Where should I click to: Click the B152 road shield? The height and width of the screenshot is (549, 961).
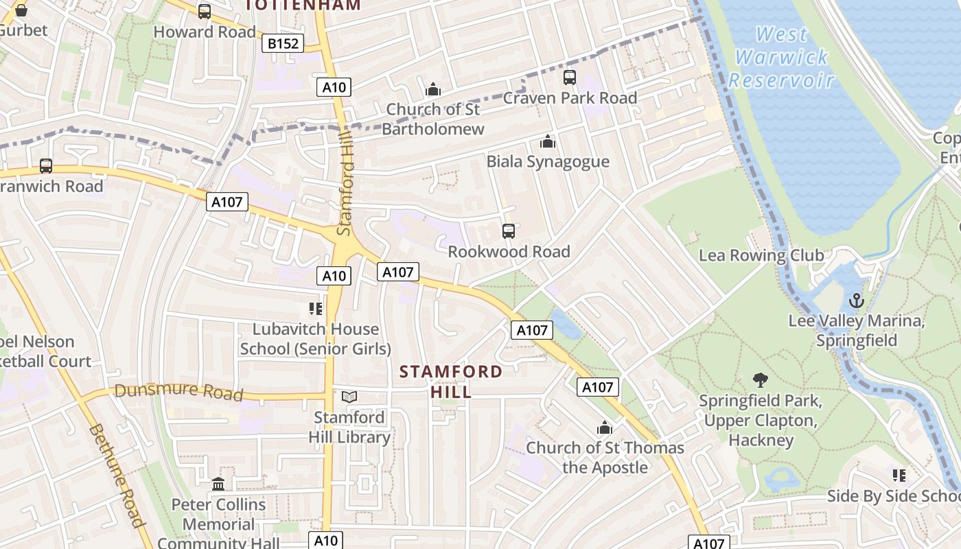click(283, 44)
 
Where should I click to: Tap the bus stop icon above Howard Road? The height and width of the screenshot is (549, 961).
click(205, 12)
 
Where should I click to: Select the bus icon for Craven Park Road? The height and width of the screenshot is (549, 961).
click(570, 78)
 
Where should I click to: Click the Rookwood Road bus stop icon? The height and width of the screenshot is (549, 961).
click(509, 231)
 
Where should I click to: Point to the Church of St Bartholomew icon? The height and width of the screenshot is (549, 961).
click(433, 89)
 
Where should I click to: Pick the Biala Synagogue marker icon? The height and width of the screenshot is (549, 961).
click(548, 141)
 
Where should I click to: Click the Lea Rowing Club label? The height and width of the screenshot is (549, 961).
click(761, 255)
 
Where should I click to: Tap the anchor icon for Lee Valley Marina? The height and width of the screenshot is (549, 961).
click(856, 301)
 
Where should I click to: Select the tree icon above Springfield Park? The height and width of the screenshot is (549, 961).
click(760, 379)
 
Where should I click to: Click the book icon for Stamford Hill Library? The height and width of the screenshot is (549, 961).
click(349, 397)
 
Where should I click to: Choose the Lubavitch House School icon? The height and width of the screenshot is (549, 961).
click(316, 309)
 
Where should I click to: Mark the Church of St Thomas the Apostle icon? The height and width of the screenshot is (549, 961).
click(605, 428)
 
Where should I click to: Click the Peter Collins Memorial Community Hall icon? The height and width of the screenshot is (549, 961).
click(218, 484)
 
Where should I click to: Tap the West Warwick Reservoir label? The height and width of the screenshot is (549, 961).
click(781, 57)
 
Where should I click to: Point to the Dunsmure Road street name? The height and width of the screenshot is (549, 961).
click(178, 391)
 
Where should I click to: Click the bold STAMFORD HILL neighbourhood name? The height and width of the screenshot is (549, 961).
click(451, 382)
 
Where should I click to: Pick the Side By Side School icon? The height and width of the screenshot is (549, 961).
click(899, 475)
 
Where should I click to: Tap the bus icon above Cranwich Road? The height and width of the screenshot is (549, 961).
click(46, 166)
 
